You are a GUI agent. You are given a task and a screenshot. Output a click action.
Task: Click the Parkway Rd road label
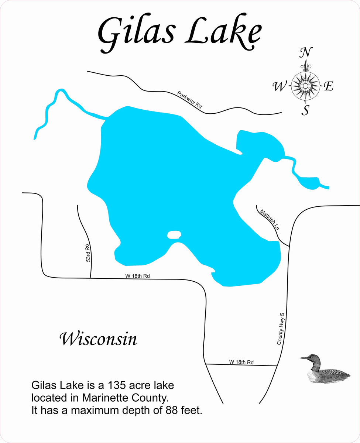[190, 100]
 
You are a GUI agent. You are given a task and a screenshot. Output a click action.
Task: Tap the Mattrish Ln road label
[269, 220]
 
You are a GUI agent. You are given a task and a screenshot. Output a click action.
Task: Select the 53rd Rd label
[88, 253]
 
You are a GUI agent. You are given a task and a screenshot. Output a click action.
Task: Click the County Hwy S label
[282, 329]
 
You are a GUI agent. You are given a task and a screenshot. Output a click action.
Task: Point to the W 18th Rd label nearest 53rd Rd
[137, 276]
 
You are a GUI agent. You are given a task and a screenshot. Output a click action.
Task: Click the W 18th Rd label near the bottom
[241, 362]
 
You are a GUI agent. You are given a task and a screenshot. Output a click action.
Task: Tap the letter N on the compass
[306, 53]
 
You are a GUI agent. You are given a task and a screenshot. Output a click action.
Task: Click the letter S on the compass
[305, 110]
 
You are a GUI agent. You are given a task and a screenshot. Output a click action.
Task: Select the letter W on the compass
[280, 87]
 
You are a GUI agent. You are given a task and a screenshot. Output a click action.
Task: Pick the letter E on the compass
[328, 87]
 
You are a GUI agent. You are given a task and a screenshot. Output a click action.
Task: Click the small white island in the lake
[174, 234]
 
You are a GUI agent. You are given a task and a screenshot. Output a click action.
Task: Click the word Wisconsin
[98, 339]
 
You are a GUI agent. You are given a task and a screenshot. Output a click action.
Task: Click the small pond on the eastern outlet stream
[309, 182]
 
